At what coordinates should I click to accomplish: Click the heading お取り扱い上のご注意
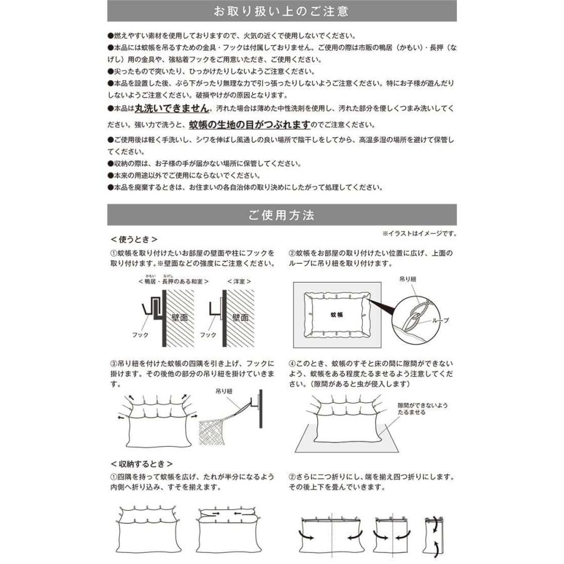click(x=281, y=11)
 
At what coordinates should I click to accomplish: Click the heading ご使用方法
click(x=281, y=215)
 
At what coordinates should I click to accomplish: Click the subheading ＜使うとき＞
click(x=133, y=239)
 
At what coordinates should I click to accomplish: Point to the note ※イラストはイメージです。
click(x=419, y=234)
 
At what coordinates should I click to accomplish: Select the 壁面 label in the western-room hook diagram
click(x=241, y=318)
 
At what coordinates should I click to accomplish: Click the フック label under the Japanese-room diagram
click(x=141, y=335)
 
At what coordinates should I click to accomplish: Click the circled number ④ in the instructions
click(x=291, y=363)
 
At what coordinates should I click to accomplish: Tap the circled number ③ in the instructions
click(x=113, y=363)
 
